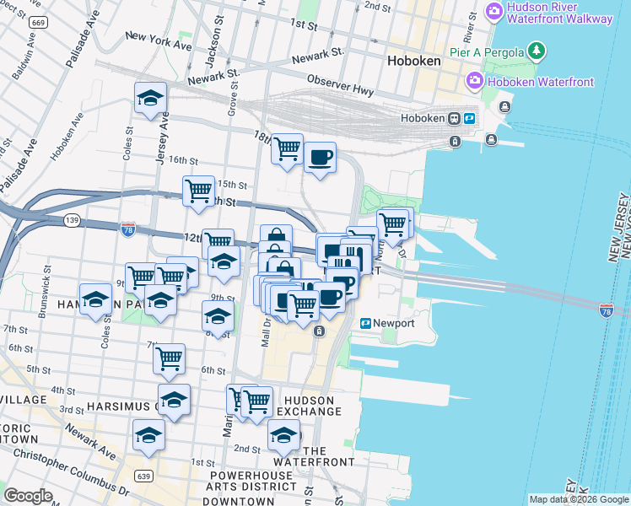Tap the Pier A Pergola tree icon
(537, 52)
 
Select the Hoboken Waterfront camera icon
(474, 82)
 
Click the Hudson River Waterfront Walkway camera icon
(495, 12)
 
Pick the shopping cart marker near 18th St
(288, 149)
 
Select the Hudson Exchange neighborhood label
(310, 406)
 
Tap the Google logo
(28, 496)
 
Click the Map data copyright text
(579, 499)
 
